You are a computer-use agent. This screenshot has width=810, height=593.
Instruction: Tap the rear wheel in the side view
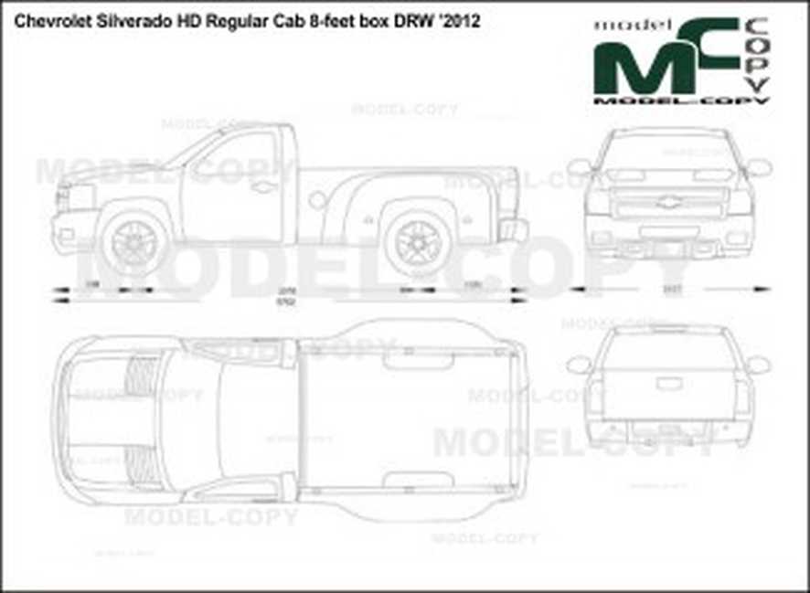[x=416, y=241]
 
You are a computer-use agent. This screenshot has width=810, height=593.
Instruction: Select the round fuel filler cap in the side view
[x=317, y=199]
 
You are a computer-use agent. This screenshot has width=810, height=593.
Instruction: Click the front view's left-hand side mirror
[x=579, y=167]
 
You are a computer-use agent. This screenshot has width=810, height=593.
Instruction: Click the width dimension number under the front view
[x=672, y=290]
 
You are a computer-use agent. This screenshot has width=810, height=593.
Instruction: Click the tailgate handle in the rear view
[x=668, y=384]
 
